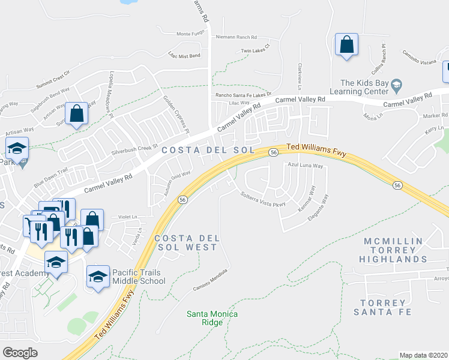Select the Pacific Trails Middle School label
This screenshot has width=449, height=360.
(139, 276)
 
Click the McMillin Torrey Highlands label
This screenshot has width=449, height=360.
(393, 250)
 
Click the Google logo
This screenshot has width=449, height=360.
(20, 353)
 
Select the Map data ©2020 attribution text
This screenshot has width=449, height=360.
(423, 355)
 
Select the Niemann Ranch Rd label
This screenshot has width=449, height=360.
(236, 37)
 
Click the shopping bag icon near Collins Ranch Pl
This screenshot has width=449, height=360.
(346, 45)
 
